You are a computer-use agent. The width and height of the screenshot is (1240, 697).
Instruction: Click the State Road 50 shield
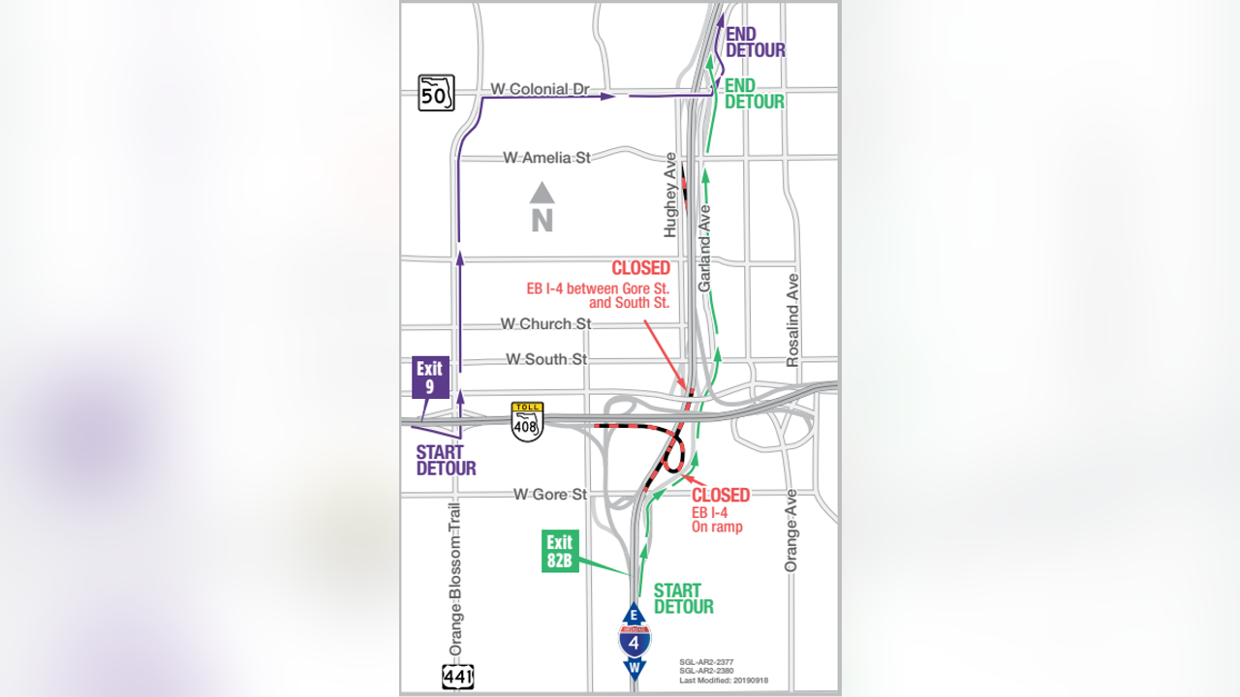pos(436,93)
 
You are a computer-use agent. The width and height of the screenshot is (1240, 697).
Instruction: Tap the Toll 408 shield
pos(527,421)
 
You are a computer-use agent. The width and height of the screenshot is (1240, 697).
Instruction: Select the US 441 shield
pos(458,676)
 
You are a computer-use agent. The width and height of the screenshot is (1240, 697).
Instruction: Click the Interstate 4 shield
pos(635,640)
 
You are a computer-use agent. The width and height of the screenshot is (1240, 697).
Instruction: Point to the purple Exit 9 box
pos(429,378)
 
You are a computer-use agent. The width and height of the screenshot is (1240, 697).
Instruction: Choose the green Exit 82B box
pos(559,551)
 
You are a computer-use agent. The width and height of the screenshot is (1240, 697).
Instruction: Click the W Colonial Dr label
pos(540,89)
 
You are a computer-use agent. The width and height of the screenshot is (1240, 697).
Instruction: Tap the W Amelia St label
pos(546,157)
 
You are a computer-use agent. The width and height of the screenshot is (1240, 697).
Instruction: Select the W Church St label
pos(545,323)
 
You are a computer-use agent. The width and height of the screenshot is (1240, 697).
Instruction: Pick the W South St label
pos(546,359)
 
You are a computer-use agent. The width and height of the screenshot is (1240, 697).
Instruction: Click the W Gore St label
pos(550,495)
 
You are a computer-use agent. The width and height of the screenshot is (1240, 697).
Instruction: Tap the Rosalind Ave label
pos(793,319)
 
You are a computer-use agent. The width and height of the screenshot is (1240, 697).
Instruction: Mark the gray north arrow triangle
pos(542,193)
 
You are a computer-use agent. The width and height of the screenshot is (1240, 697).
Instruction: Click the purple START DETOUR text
pos(446,460)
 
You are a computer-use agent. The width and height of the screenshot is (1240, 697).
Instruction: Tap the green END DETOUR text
pos(754,94)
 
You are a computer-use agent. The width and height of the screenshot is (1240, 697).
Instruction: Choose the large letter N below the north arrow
pos(542,221)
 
